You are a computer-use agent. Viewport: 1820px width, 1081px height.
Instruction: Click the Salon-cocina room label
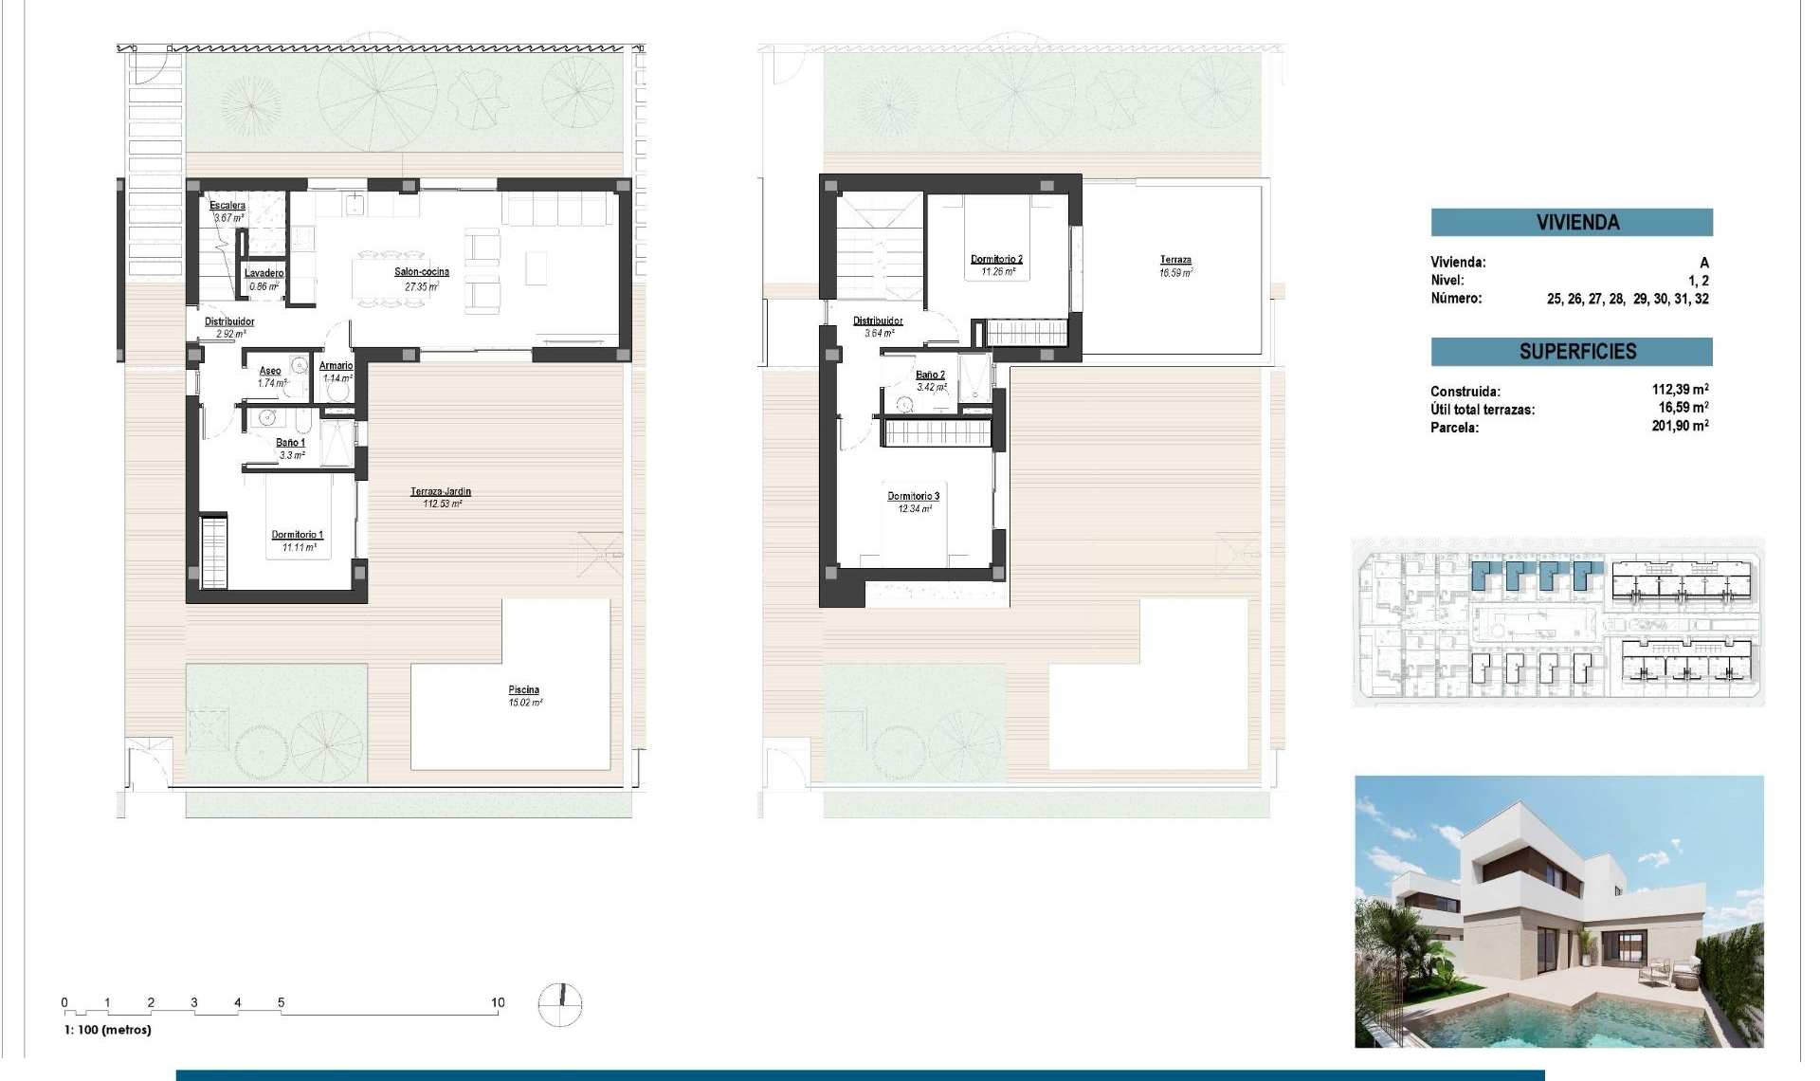(x=422, y=272)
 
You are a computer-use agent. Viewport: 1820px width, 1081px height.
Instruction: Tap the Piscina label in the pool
(x=523, y=690)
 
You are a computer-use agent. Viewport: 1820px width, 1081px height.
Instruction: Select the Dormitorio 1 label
(x=297, y=535)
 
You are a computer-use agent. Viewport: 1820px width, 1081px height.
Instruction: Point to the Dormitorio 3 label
(x=913, y=496)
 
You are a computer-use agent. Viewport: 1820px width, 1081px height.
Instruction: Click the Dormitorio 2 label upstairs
(x=996, y=259)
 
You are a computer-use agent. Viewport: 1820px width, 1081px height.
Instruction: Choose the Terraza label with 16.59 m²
(x=1175, y=260)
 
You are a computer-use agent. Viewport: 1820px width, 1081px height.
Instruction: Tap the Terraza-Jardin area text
(x=441, y=491)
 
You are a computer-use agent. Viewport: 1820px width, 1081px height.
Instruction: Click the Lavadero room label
(x=264, y=273)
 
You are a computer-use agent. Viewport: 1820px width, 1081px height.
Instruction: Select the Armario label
(x=336, y=365)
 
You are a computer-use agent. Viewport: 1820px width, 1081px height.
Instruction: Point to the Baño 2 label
(x=930, y=375)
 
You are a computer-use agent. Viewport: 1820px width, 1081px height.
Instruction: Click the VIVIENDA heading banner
(x=1571, y=223)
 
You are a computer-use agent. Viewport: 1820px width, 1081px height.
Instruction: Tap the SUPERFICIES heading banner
(x=1571, y=352)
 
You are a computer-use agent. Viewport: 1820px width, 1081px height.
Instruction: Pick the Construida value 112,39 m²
(x=1679, y=390)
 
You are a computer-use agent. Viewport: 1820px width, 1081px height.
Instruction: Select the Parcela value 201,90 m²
(x=1679, y=427)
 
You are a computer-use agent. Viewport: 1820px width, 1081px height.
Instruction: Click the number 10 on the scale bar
(x=498, y=1002)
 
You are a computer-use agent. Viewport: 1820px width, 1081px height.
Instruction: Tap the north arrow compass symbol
(x=560, y=1004)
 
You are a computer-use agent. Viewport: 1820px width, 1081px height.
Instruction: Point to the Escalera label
(x=227, y=206)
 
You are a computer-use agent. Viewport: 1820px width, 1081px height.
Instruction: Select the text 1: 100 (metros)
(x=107, y=1030)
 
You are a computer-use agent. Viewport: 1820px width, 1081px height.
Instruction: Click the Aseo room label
(x=270, y=371)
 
